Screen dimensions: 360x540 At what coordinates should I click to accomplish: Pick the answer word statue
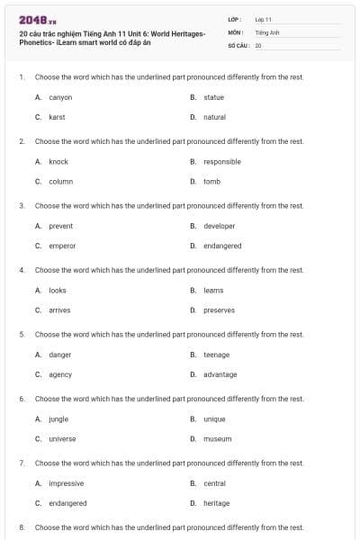click(x=213, y=97)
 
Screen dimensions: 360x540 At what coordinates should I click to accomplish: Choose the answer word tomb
click(x=211, y=181)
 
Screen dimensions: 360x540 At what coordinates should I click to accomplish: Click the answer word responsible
click(x=222, y=162)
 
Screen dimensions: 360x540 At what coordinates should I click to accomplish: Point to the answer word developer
click(x=220, y=226)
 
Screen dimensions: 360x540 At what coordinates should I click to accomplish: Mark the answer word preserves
click(x=219, y=310)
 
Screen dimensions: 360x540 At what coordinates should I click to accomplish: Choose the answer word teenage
click(x=216, y=355)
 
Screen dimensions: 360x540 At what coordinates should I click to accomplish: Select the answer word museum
click(x=217, y=439)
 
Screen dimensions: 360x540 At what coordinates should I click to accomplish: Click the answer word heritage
click(x=216, y=503)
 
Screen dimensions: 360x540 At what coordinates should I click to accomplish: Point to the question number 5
click(x=21, y=335)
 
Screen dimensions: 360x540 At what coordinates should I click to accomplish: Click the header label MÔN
click(x=235, y=31)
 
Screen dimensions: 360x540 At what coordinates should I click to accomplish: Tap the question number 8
click(x=21, y=527)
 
